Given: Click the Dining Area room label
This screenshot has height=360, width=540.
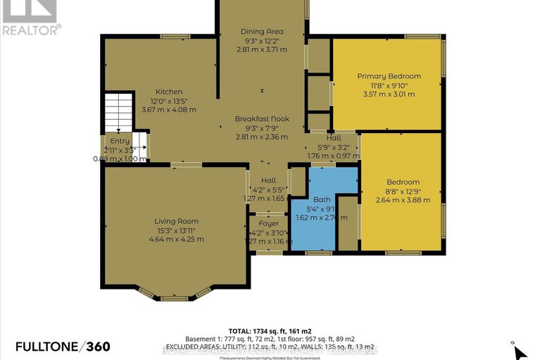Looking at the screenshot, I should tap(262, 32).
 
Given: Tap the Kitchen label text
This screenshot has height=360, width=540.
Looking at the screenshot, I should tap(169, 92).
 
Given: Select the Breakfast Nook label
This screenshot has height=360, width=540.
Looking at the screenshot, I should tap(262, 120).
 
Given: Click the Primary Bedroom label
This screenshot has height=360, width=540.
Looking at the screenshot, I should tap(389, 76).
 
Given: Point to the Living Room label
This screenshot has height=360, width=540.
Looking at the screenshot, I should tap(177, 221).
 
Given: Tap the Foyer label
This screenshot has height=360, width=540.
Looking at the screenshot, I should tap(268, 223).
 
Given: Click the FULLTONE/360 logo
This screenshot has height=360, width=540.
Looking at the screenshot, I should tap(56, 346).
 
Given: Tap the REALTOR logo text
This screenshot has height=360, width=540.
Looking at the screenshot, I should tap(31, 29).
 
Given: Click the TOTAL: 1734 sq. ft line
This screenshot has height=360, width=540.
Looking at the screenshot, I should tap(270, 330).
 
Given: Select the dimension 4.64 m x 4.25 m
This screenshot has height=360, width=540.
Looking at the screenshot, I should tap(177, 239).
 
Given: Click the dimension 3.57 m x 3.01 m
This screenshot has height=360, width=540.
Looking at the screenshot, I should tap(389, 94).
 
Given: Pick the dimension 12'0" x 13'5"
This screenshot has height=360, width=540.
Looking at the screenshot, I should tap(169, 101).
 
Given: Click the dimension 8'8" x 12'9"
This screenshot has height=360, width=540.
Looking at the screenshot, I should tap(403, 191).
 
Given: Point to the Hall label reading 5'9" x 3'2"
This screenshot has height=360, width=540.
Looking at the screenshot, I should tap(334, 147).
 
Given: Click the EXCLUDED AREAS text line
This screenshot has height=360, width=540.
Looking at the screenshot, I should tap(270, 348).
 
